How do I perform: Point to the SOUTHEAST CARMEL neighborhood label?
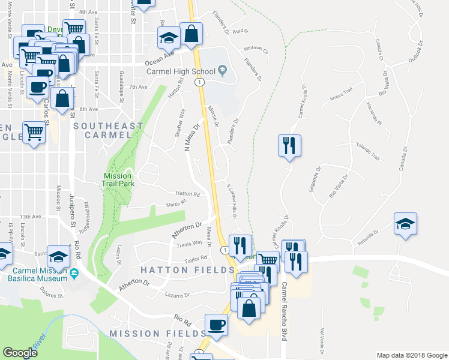(108, 130)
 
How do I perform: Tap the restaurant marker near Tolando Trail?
(289, 146)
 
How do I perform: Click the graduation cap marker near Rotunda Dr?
(405, 224)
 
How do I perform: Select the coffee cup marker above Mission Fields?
(217, 325)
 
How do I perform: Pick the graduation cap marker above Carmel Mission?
(58, 257)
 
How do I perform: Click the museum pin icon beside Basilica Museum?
(74, 274)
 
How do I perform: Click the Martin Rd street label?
(172, 204)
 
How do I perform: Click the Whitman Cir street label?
(256, 50)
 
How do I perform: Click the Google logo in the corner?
(20, 353)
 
